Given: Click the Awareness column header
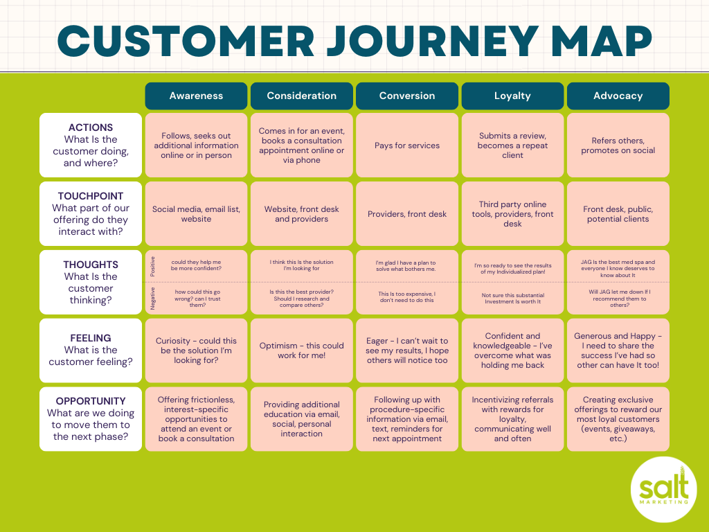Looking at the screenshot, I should pos(196,96).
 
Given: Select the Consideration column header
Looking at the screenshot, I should pos(301,96).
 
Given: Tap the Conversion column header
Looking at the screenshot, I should pos(407,96).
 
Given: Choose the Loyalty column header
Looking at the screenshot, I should pos(512,96).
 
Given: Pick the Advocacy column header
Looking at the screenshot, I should pos(618,96).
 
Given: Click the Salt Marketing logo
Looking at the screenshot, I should pos(663,492).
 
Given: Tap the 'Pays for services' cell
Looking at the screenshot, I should pos(407,145).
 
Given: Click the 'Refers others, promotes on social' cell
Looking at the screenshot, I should pos(618,145).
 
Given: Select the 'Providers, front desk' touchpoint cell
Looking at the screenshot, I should pos(407,214).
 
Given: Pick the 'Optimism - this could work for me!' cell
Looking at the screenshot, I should pos(301,351).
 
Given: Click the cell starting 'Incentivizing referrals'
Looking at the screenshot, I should pos(512,419).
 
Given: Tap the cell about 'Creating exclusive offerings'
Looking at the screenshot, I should pos(618,419).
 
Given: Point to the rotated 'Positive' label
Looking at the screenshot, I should pos(152,266).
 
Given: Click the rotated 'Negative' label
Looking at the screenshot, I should pos(152,299).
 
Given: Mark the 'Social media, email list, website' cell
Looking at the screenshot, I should pos(196,214).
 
